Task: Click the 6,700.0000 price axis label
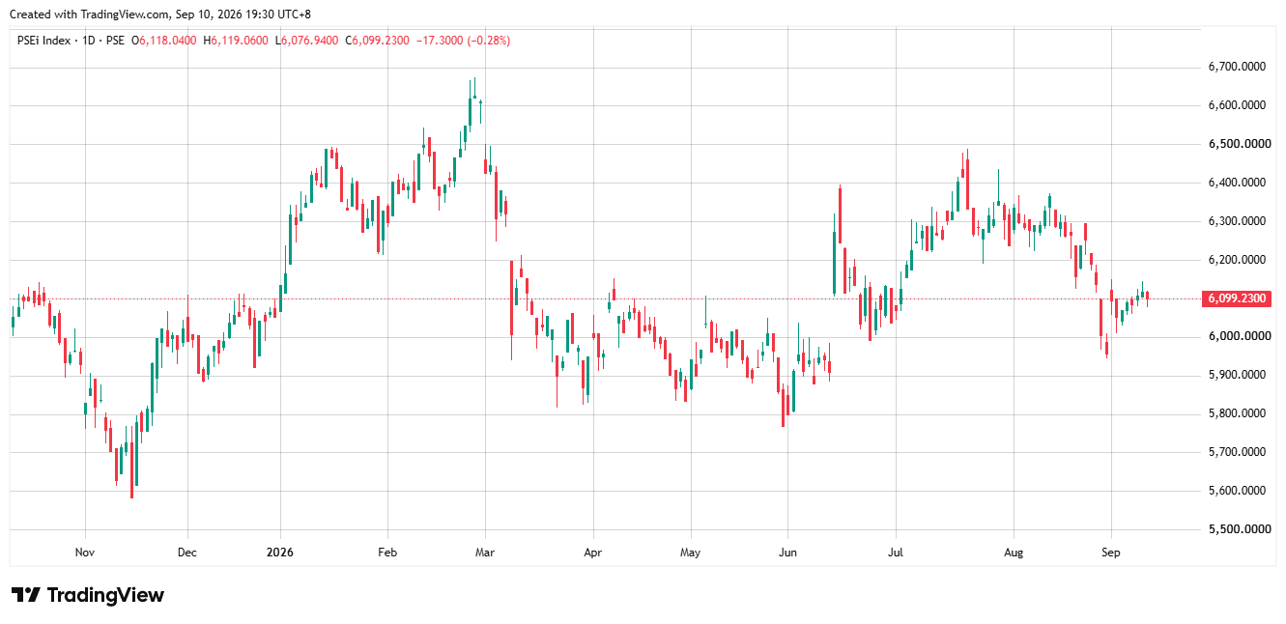[x=1237, y=67]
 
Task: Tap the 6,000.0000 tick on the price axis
[x=1237, y=336]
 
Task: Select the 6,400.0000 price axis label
[x=1237, y=183]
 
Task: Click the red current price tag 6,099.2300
[x=1237, y=298]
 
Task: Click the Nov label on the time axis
[x=85, y=553]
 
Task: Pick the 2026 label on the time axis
[x=280, y=553]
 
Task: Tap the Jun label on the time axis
[x=787, y=553]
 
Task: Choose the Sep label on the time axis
[x=1111, y=553]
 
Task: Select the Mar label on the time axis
[x=485, y=553]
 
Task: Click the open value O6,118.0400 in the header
[x=163, y=41]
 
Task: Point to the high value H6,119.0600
[x=236, y=41]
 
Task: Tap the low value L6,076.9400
[x=306, y=41]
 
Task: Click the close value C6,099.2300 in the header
[x=377, y=41]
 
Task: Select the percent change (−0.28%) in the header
[x=488, y=41]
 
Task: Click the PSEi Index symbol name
[x=43, y=41]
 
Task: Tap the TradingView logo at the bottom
[x=88, y=595]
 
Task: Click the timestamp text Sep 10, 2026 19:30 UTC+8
[x=243, y=14]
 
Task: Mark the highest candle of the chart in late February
[x=474, y=97]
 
